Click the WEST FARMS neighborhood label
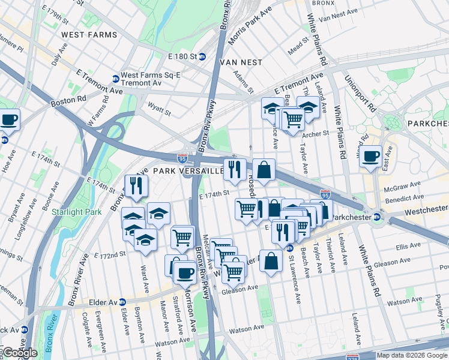[x=89, y=35]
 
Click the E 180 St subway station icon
[x=202, y=56]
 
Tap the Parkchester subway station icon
[x=376, y=217]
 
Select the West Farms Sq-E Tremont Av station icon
[x=115, y=79]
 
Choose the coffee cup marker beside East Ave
[x=371, y=156]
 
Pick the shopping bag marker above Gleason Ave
[x=271, y=260]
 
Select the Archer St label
[x=318, y=134]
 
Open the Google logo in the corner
[x=19, y=353]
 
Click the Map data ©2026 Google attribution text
[x=411, y=355]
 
